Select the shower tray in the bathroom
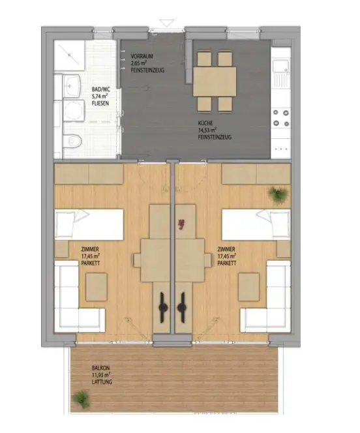click(x=69, y=57)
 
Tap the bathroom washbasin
click(x=70, y=85)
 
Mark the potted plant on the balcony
click(x=82, y=397)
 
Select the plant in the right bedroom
click(x=277, y=194)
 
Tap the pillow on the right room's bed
click(x=279, y=226)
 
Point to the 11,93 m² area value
click(x=102, y=375)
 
